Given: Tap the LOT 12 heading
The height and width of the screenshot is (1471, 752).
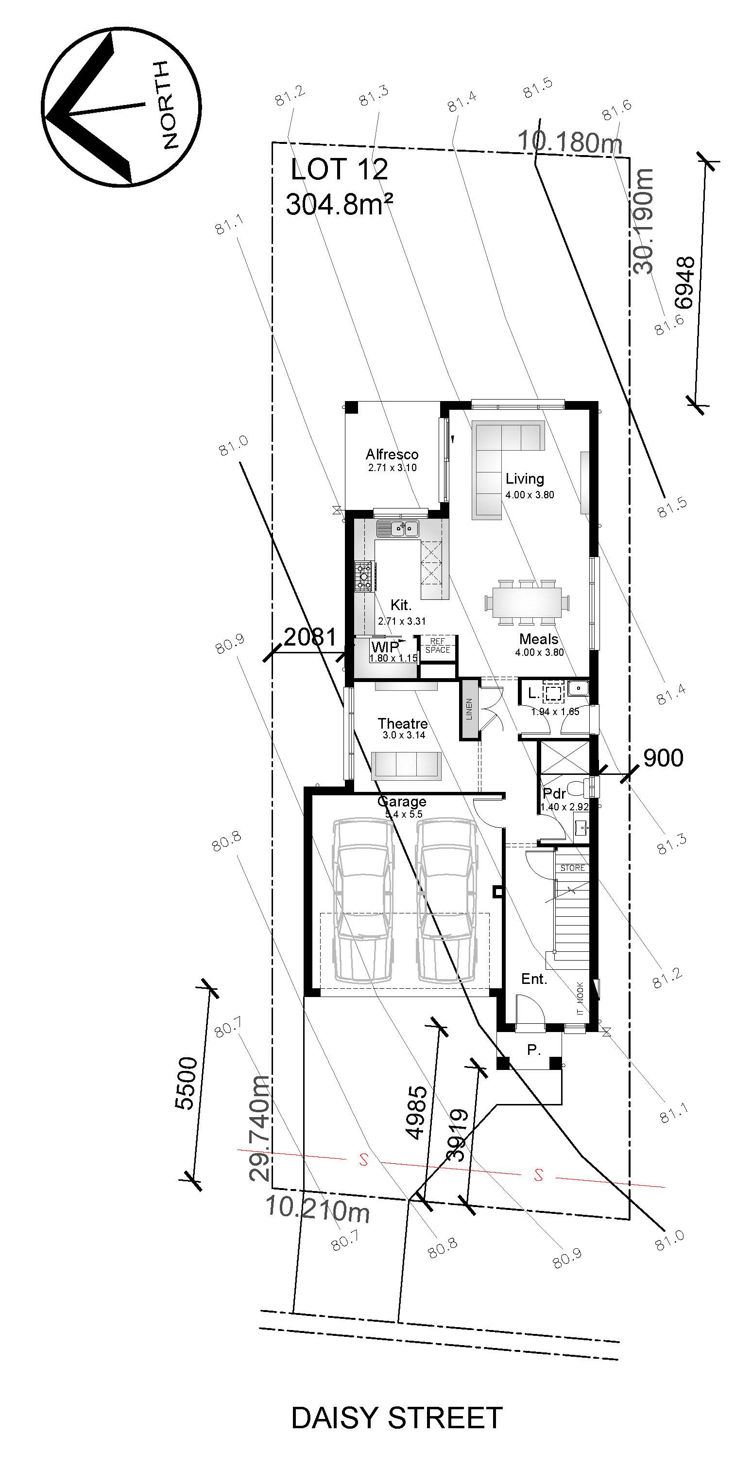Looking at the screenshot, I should (339, 170).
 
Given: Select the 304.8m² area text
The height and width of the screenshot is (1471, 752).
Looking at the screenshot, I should (340, 204).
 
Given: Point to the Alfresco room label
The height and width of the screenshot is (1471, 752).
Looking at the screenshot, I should (392, 455).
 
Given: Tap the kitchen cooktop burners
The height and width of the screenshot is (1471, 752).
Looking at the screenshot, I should (363, 576).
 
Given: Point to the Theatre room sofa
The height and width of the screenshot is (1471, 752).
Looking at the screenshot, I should (406, 765).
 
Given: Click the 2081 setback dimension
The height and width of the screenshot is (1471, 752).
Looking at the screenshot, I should (310, 637).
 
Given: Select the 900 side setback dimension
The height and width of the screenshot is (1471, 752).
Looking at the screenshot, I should (663, 758).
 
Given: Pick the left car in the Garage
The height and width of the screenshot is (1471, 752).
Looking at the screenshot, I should (363, 900).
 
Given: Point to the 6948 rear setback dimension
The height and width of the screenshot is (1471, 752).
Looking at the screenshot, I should (684, 282).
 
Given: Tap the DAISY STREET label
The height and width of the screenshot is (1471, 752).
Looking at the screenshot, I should (396, 1418).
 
